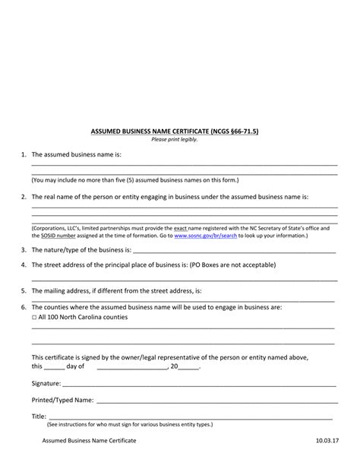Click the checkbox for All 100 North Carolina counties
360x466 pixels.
coord(34,317)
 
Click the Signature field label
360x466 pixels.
coord(48,384)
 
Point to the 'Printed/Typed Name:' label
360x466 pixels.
coord(63,399)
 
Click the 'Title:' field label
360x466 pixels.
coord(39,416)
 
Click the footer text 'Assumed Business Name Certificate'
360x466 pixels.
coord(89,441)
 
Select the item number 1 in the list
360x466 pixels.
coord(24,154)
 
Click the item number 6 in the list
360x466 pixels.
coord(24,307)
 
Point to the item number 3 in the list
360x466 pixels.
coord(24,249)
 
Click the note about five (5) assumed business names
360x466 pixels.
coord(135,180)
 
